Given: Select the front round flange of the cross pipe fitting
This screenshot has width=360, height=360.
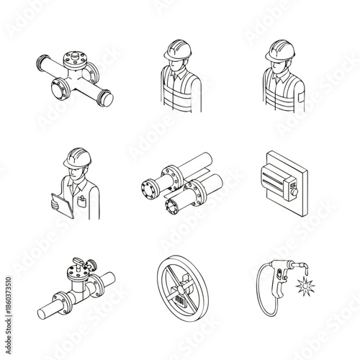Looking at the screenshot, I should (x=57, y=90).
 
